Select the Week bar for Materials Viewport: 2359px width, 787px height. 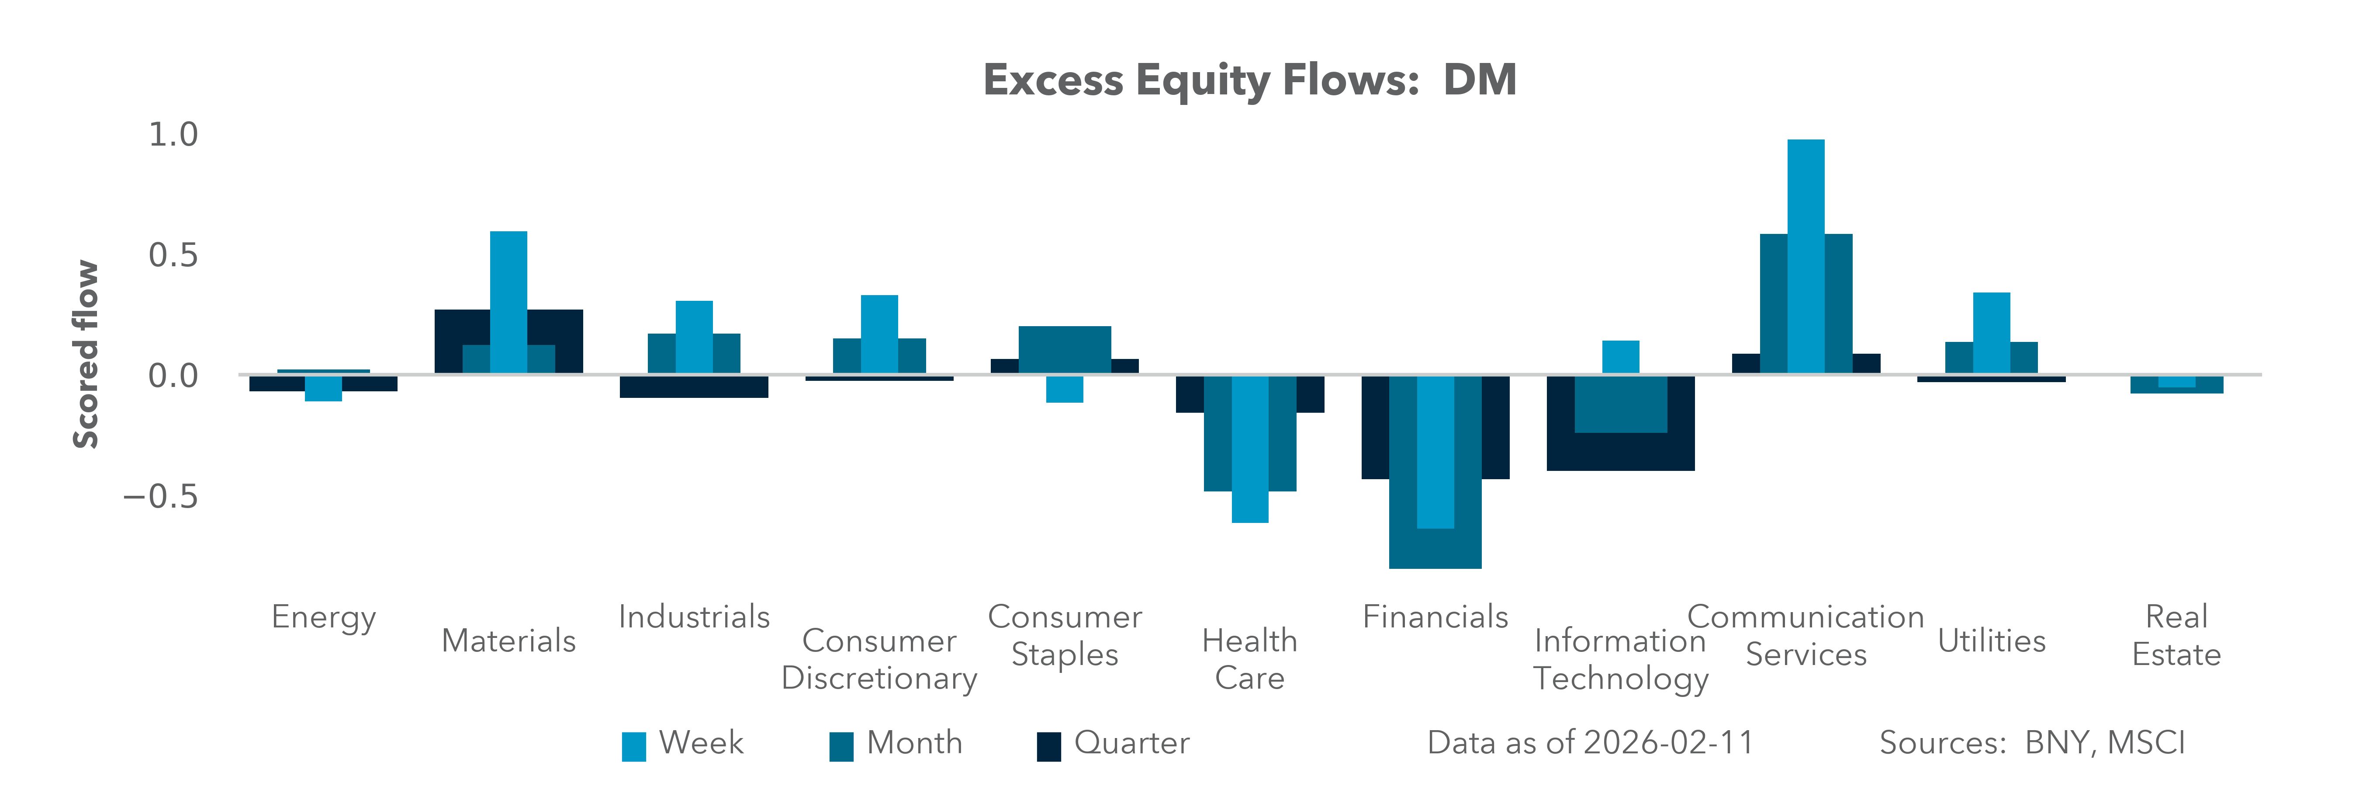[508, 303]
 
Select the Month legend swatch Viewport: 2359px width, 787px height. [841, 746]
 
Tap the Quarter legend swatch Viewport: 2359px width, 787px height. [1048, 746]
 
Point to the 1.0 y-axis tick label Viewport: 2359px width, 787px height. [173, 135]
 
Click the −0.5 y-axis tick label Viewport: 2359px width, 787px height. [161, 497]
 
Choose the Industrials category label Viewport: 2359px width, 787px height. [694, 616]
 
